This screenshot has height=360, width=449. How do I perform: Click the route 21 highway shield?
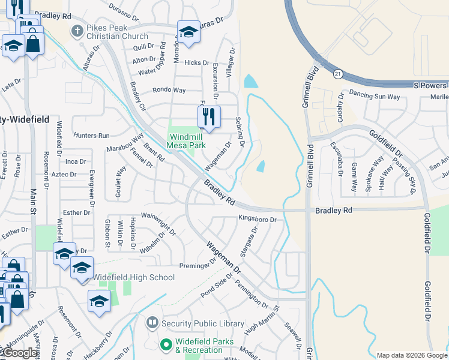(x=338, y=73)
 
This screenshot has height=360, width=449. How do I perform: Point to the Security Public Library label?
(x=203, y=324)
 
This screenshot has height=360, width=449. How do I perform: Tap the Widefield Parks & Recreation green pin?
(x=166, y=345)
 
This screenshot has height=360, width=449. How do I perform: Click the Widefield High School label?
(x=134, y=278)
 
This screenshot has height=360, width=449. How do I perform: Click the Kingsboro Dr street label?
(x=257, y=220)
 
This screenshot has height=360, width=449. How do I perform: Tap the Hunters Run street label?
(x=92, y=136)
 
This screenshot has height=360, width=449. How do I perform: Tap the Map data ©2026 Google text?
(x=411, y=355)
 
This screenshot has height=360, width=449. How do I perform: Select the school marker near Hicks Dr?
(x=188, y=33)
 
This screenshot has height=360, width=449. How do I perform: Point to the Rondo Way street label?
(x=169, y=90)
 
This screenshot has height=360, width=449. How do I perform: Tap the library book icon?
(x=152, y=323)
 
